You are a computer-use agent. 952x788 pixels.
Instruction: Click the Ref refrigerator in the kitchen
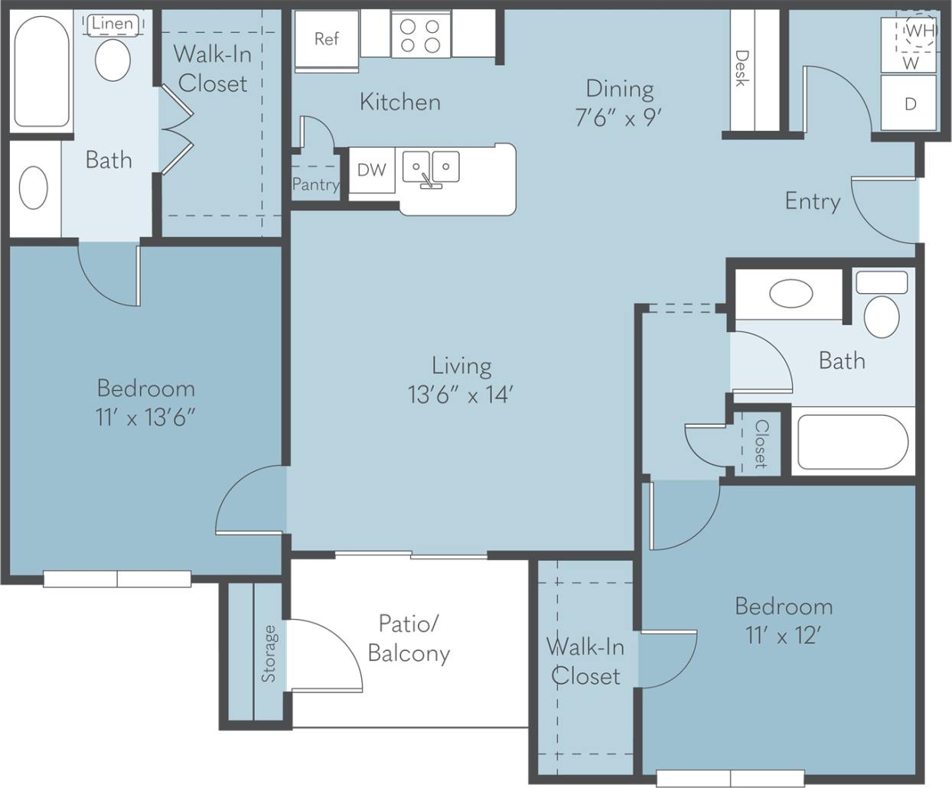coord(326,39)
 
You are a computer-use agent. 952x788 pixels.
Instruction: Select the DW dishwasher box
coord(372,170)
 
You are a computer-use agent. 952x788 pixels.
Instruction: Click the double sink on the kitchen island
coord(431,168)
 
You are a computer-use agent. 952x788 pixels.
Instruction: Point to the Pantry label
coord(315,184)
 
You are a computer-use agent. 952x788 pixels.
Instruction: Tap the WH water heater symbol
coord(919,31)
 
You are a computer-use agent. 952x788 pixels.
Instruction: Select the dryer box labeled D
coord(909,103)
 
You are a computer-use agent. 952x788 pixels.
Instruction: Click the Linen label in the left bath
coord(112,24)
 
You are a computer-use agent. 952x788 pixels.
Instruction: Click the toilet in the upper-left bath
coord(112,60)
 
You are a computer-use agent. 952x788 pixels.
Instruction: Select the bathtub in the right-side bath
coord(853,442)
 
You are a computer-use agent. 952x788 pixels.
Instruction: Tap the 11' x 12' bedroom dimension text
coord(783,635)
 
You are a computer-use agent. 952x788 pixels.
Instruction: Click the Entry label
coord(812,201)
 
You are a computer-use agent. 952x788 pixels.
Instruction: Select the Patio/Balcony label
coord(409,638)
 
